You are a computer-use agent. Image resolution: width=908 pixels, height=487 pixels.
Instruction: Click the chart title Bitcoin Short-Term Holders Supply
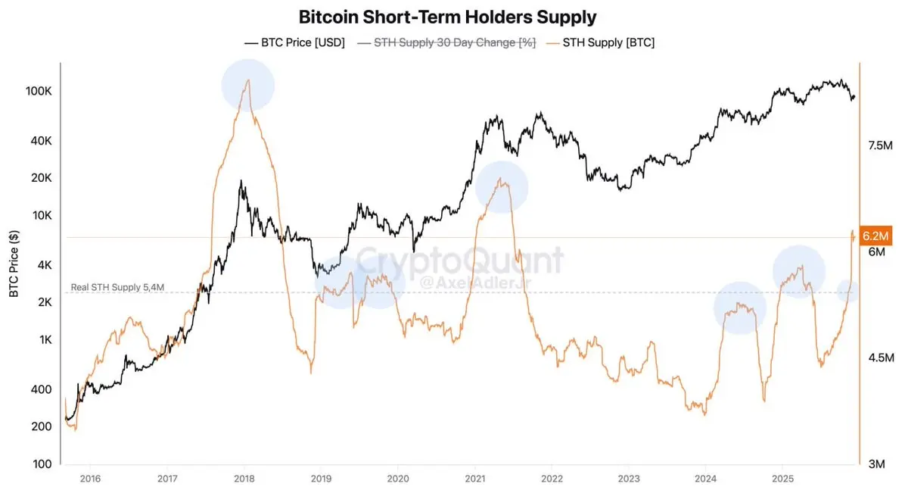[447, 17]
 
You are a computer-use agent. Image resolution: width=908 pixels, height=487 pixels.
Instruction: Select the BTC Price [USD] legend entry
[295, 43]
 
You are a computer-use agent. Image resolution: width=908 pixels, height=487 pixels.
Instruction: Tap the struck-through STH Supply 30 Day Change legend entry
[446, 43]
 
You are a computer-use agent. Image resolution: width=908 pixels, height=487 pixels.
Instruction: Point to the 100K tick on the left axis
[38, 91]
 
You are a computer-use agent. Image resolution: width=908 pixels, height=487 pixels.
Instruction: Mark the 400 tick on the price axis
[42, 389]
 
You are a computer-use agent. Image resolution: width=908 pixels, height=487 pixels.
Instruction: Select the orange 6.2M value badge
[877, 237]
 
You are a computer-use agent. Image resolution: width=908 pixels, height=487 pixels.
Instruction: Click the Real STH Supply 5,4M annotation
[117, 287]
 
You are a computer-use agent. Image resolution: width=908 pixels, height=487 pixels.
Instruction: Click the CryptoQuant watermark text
[459, 261]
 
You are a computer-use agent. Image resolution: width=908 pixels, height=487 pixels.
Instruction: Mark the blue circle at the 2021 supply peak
[501, 187]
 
